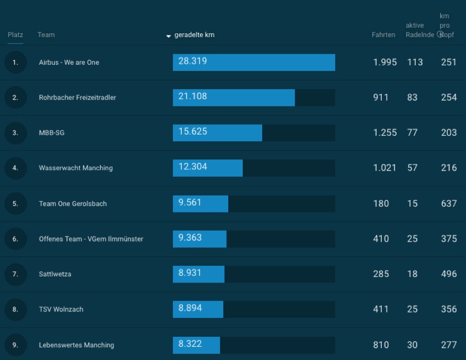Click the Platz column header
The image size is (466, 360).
pos(16,35)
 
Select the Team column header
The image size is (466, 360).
pos(46,35)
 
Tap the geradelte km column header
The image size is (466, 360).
pos(194,35)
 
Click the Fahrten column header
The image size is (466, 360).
pos(383,35)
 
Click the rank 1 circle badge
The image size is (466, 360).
pos(16,62)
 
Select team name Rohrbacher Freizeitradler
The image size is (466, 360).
pos(78,97)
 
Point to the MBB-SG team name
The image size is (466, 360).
pos(52,133)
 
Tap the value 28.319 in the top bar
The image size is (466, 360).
pos(193,61)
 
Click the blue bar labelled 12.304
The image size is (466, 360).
pos(208,168)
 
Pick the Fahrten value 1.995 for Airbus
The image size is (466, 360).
pos(385,62)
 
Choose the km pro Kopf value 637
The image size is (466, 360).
pos(449,203)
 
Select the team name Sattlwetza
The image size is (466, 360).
pos(55,274)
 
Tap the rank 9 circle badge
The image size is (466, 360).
pos(16,345)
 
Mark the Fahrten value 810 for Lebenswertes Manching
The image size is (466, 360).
pos(381,345)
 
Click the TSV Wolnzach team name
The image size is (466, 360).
pos(61,310)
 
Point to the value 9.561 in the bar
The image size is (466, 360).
pos(190,203)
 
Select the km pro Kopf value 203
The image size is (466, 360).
pos(449,133)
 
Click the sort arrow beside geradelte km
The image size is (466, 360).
pos(168,36)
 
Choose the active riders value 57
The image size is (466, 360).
pos(412,168)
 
